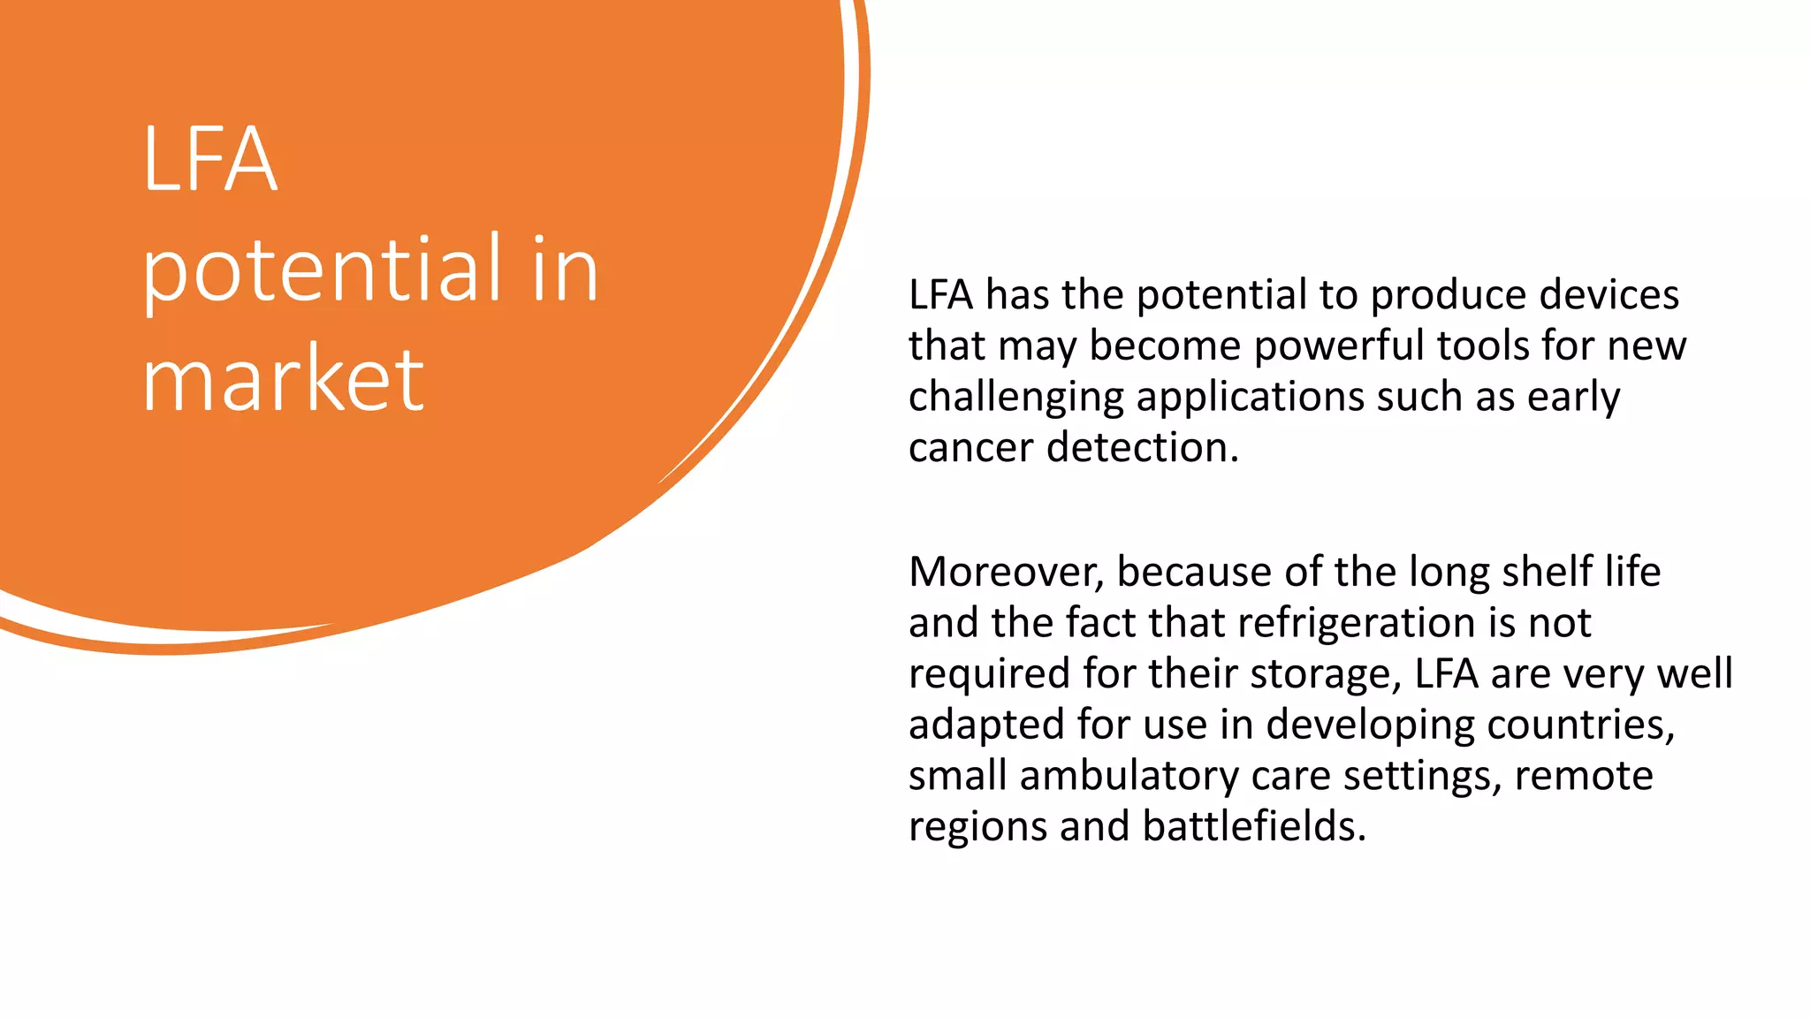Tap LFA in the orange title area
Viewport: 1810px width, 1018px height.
tap(210, 160)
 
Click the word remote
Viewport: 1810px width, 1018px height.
tap(1583, 776)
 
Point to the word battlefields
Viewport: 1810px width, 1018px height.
tap(1254, 827)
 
